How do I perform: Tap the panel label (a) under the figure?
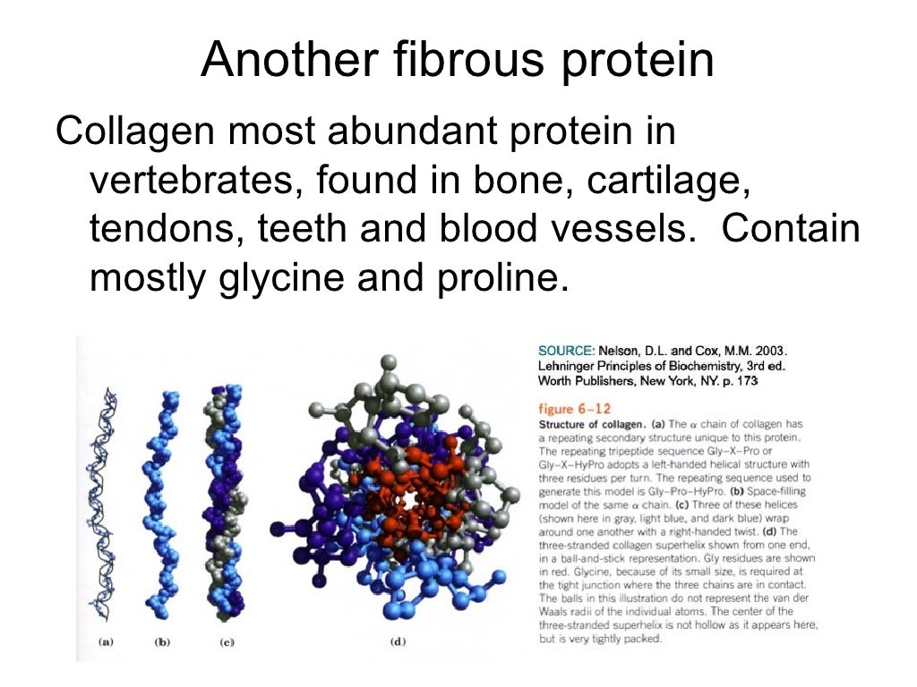tap(106, 641)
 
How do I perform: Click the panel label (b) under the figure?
tap(163, 641)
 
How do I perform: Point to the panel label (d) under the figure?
tap(397, 641)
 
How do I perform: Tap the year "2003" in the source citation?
tap(770, 351)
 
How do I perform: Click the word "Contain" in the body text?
tap(791, 229)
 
